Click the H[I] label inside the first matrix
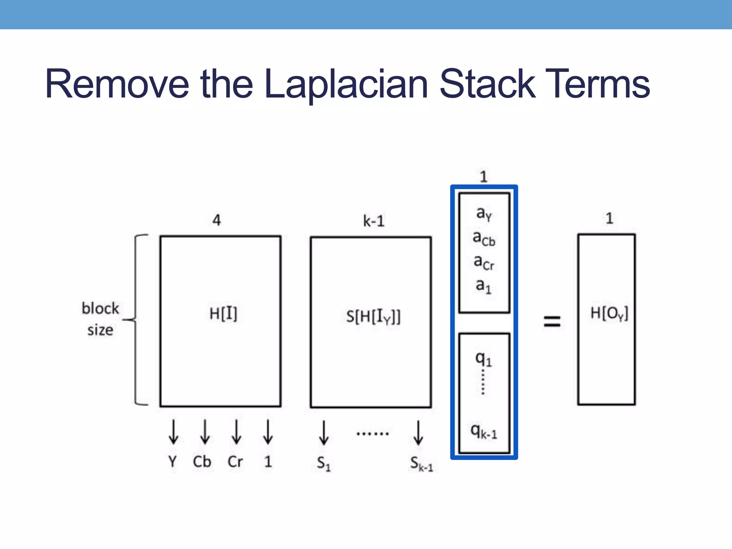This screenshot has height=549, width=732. [223, 314]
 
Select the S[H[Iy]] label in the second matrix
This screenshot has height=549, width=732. [373, 317]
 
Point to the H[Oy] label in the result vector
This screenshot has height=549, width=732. [609, 313]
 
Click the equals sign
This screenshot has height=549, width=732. [552, 321]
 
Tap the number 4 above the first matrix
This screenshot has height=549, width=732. [217, 220]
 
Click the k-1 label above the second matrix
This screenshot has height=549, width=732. [374, 221]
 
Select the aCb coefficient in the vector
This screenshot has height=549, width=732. [484, 238]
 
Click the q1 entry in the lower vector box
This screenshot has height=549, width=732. [484, 358]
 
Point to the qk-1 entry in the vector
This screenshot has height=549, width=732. [484, 431]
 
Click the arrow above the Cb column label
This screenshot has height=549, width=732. [205, 432]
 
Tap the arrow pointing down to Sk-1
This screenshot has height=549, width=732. [418, 433]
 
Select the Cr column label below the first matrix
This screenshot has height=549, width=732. [235, 461]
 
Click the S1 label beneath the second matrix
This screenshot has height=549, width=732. [324, 464]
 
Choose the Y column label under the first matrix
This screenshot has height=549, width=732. [173, 461]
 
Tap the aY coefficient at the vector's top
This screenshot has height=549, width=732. [484, 214]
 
